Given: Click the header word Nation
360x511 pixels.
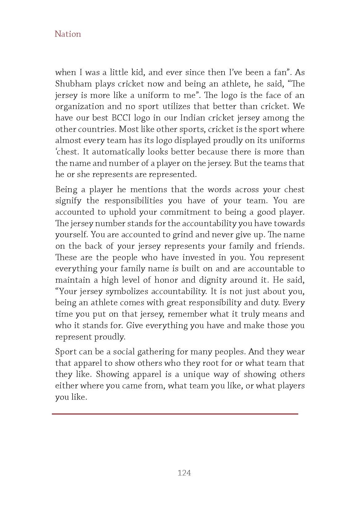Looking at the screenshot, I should [x=68, y=34].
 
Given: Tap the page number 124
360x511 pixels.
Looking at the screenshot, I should [x=184, y=473].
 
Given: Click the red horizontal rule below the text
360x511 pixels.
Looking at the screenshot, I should [x=175, y=414].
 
